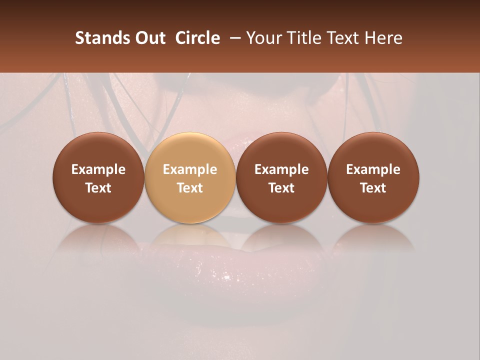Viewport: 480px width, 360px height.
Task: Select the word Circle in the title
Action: point(197,38)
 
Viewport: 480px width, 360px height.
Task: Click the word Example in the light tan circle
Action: point(190,169)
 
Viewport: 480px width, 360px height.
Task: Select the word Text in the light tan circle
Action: point(190,188)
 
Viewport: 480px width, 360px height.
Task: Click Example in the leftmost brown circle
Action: point(98,169)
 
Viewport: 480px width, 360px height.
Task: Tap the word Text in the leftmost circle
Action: point(98,188)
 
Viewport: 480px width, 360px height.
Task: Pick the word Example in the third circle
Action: point(281,169)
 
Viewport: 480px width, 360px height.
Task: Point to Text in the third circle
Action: point(281,188)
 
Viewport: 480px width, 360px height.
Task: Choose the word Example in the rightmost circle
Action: point(373,169)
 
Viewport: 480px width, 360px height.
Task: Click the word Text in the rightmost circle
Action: point(373,188)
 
